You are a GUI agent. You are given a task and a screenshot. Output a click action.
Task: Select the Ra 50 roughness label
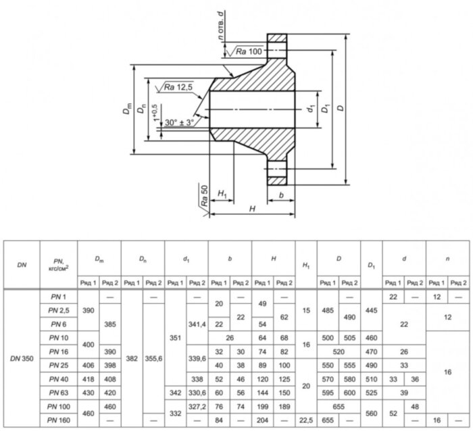203,195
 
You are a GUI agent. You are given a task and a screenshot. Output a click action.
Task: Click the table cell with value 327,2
197,406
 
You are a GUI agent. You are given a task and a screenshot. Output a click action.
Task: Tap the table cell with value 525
371,392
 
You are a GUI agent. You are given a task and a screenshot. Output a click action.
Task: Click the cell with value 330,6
197,392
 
